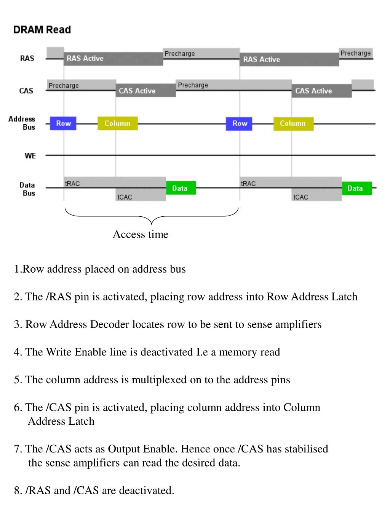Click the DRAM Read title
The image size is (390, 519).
tap(42, 30)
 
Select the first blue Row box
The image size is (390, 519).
tap(63, 123)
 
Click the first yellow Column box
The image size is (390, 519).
tap(117, 123)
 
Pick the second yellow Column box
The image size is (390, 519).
tap(293, 123)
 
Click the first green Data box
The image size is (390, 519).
tap(181, 188)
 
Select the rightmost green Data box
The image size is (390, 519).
tap(356, 188)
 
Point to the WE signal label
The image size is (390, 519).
tap(30, 156)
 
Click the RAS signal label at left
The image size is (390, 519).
tap(27, 58)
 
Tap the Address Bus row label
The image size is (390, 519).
tap(22, 123)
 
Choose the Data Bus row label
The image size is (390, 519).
tap(27, 189)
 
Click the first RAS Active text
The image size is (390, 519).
tap(85, 58)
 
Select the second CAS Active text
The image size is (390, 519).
tap(313, 91)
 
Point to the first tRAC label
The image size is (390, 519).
tap(72, 184)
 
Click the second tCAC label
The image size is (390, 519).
tap(300, 197)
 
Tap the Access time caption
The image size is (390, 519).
tap(140, 234)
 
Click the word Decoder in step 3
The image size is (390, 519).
tap(110, 324)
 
